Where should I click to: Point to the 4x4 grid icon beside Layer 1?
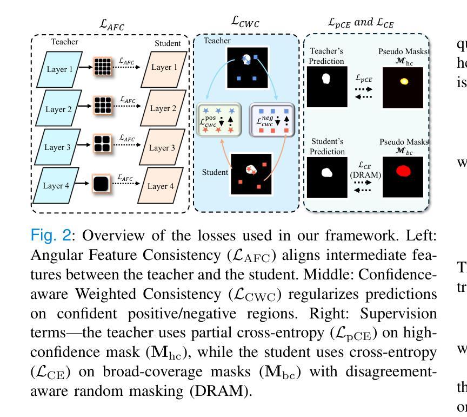[102, 69]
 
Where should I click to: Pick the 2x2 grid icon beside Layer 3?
[102, 147]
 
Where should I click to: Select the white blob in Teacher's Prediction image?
[326, 79]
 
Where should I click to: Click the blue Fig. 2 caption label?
[50, 236]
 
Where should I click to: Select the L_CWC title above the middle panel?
[246, 22]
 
